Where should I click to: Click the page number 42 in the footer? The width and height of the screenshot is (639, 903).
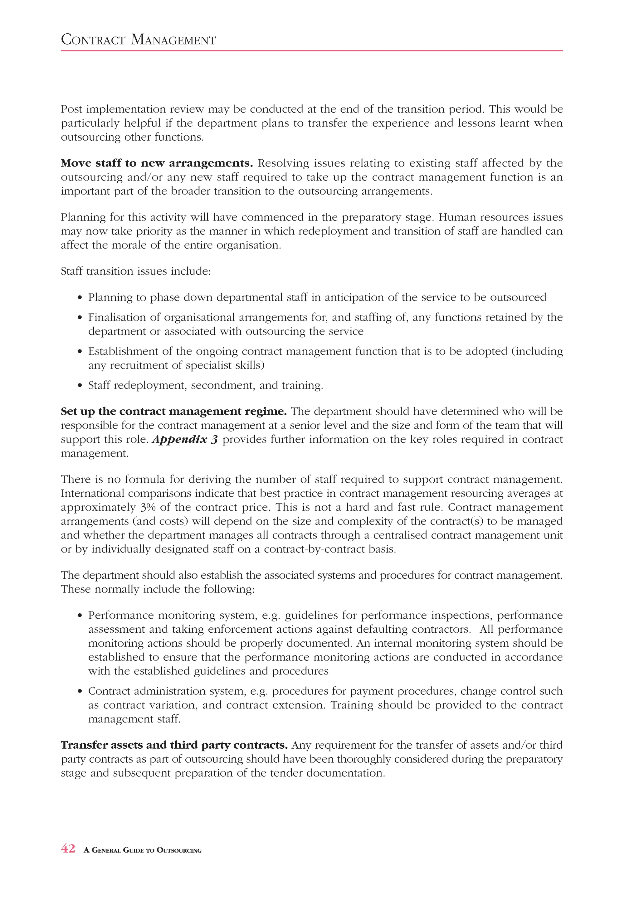coord(68,849)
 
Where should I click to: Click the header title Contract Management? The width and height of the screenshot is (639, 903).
coord(138,40)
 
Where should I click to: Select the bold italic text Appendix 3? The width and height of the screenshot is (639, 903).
coord(184,439)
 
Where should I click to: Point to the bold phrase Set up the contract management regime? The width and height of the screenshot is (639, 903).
coord(173,411)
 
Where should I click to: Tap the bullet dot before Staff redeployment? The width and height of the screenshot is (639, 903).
coord(80,385)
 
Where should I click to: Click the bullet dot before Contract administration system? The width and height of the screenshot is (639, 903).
coord(80,691)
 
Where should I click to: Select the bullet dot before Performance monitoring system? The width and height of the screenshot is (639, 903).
coord(80,616)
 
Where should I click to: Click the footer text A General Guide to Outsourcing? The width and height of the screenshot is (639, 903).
coord(143,850)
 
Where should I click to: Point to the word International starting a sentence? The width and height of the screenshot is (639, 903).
coord(92,493)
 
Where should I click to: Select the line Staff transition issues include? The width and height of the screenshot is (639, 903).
coord(136,271)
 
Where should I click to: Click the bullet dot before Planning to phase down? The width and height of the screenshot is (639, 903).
coord(80,298)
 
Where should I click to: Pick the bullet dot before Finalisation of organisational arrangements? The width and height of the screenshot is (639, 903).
coord(80,317)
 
